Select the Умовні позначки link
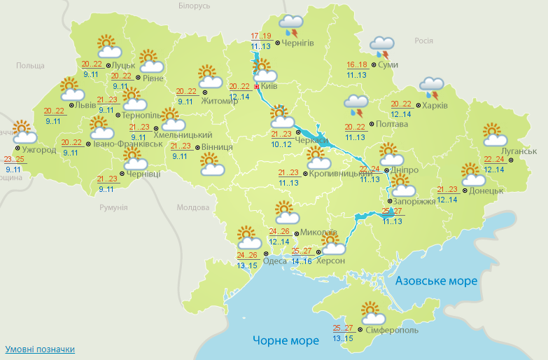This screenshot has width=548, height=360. coord(40,349)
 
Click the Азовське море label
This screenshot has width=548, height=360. coord(436,281)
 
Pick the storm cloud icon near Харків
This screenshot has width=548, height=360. coord(432,88)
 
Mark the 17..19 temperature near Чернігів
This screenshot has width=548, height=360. coord(261,36)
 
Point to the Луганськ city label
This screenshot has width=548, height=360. coord(519,151)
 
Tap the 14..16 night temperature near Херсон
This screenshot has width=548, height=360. coord(302,261)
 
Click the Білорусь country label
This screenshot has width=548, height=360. coord(194,6)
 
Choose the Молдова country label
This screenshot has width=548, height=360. coord(193,208)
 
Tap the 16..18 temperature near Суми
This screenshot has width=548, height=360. coord(357,64)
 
